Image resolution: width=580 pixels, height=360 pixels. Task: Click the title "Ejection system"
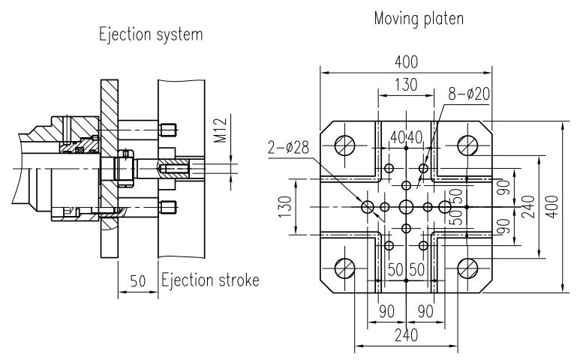point(151,34)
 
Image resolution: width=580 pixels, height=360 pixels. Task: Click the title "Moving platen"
point(419,19)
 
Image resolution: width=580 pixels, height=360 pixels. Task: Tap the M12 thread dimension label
point(221,130)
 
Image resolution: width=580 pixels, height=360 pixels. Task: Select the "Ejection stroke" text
point(210,280)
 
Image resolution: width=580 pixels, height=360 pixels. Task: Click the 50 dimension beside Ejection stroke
point(137,281)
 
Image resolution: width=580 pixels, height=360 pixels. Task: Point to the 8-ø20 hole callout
point(469,94)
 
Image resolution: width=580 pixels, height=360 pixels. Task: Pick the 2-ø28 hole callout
point(289,148)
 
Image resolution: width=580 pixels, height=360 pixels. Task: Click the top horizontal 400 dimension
point(406,62)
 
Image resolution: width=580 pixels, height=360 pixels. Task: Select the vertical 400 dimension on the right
point(552,206)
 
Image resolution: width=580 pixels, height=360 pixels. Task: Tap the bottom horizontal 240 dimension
point(406,335)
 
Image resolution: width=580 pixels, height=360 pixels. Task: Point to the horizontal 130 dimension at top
point(406,85)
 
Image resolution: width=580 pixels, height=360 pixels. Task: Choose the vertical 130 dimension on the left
point(285,206)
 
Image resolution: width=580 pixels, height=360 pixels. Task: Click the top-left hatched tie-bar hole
point(344,145)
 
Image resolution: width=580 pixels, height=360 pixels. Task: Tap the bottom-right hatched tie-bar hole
point(467,268)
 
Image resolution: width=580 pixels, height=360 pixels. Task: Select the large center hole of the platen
point(406,206)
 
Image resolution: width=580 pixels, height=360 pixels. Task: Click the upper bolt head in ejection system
point(167,130)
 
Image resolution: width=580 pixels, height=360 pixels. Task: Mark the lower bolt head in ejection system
point(167,207)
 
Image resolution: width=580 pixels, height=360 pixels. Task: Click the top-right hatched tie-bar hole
point(467,145)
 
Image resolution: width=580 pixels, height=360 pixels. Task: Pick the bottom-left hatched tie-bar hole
point(344,268)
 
